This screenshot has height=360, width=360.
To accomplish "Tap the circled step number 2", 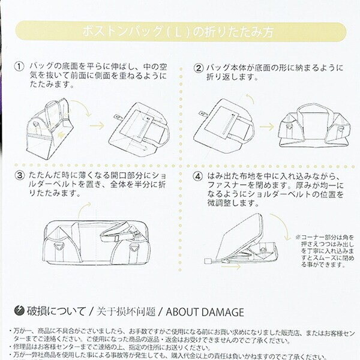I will [x=198, y=68].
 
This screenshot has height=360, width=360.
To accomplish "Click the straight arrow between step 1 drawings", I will [x=97, y=127].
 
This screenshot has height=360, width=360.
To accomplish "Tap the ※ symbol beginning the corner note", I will [x=298, y=238].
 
